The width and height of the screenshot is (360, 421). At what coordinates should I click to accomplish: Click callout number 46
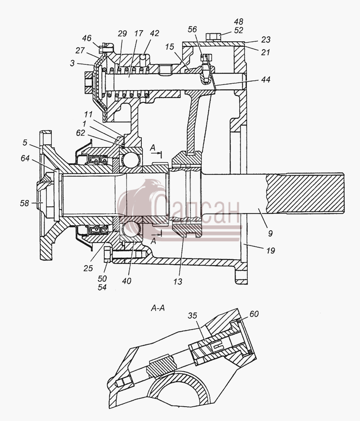pos(87,38)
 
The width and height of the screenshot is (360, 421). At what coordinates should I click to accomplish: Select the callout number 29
pos(122,34)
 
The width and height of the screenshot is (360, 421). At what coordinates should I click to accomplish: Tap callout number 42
pos(154,33)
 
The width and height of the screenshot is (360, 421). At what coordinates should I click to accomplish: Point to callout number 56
pos(192,29)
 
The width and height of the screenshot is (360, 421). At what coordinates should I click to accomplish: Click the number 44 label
pos(265,80)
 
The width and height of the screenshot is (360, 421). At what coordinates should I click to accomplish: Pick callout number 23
pos(265,40)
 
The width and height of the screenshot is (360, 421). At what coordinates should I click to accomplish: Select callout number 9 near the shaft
pos(270,234)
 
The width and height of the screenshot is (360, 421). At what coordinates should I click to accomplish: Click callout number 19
pos(270,250)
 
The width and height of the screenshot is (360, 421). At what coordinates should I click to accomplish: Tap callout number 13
pos(177,281)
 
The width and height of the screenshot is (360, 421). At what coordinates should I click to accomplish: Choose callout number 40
pos(127,281)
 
